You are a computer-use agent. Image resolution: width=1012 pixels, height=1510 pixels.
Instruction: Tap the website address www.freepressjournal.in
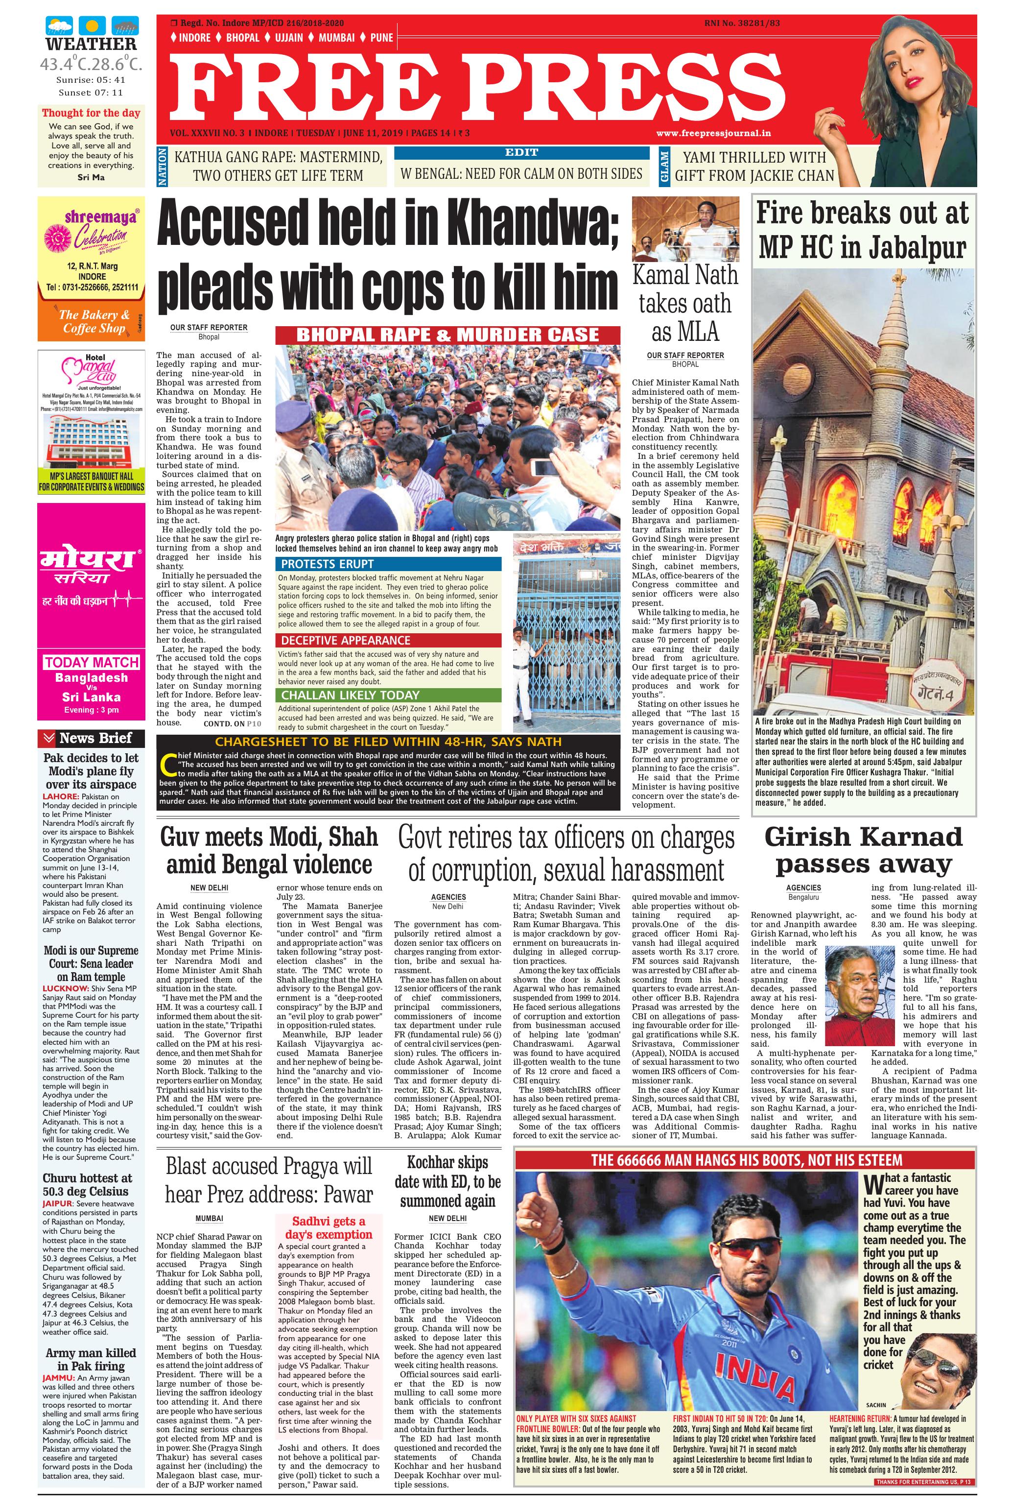[x=714, y=134]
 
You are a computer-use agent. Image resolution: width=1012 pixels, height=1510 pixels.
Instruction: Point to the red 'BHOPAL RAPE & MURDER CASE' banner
[x=447, y=335]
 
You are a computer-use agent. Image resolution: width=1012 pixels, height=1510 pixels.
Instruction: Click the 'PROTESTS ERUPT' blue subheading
[x=318, y=564]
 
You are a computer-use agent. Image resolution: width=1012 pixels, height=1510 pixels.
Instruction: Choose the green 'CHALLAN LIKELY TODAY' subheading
[x=350, y=695]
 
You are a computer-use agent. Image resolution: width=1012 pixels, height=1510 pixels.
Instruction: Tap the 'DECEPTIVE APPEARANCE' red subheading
[x=345, y=641]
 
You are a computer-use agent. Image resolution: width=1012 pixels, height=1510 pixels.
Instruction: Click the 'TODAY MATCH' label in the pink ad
[x=92, y=662]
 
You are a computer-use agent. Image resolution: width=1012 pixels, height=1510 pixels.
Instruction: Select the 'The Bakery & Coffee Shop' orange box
[x=91, y=321]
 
